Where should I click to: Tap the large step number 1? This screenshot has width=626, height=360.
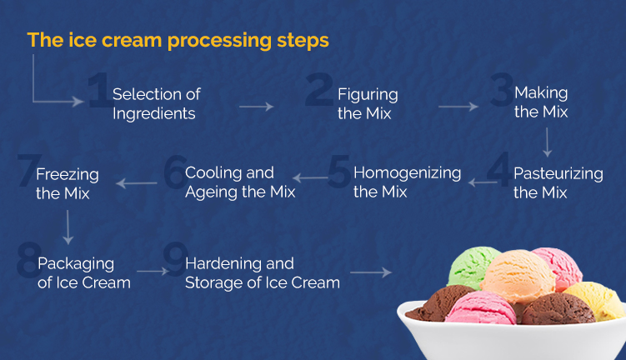[x=98, y=92]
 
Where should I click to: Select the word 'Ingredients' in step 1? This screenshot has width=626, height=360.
[x=154, y=113]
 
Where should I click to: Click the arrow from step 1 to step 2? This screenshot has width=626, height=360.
[x=256, y=107]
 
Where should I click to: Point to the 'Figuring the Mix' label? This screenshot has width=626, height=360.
[x=368, y=103]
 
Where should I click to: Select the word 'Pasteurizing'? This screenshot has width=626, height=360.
[x=558, y=173]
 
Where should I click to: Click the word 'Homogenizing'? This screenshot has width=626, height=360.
[x=407, y=172]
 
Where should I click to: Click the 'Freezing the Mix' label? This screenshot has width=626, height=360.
[x=67, y=184]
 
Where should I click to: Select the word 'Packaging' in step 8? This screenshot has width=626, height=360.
[x=76, y=263]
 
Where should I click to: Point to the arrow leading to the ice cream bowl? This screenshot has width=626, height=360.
[x=370, y=272]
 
